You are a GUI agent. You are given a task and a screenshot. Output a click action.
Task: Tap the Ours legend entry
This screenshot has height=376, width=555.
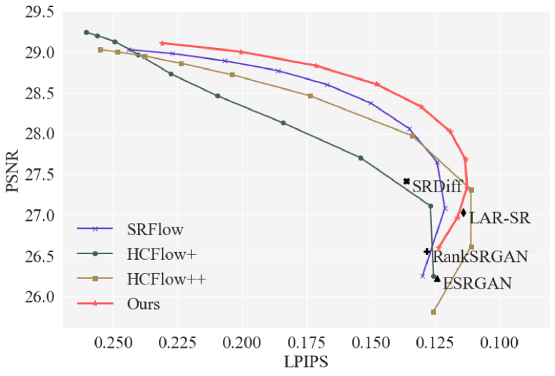(143, 305)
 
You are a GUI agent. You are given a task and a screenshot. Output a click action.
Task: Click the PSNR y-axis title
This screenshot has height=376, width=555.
(13, 168)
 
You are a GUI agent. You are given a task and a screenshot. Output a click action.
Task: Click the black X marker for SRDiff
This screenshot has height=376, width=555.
(407, 181)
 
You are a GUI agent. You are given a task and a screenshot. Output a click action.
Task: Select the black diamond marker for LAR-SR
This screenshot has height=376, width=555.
(464, 212)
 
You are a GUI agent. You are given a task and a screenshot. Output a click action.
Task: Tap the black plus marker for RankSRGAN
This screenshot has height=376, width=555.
(427, 251)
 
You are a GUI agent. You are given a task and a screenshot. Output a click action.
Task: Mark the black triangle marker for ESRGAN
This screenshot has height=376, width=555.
(437, 279)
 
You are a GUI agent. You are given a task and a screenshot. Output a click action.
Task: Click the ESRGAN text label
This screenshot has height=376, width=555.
(478, 284)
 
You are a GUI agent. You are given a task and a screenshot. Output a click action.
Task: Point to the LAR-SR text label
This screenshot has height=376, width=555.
(499, 218)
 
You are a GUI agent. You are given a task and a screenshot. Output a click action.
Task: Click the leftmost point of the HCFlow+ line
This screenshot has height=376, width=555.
(87, 32)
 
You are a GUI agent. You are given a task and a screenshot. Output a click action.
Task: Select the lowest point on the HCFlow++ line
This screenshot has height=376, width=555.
(433, 312)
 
